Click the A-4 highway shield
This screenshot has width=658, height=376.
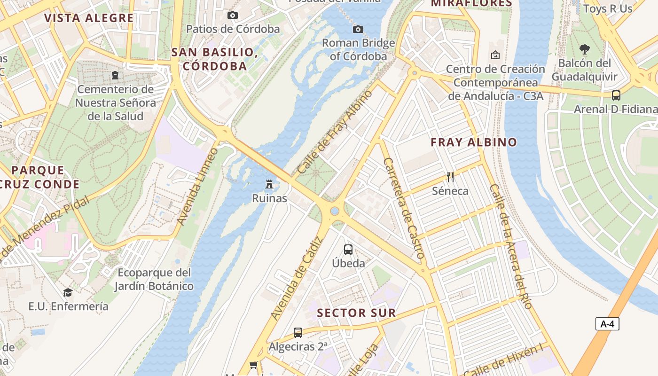[607, 324]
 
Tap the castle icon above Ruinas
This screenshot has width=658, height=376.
[269, 184]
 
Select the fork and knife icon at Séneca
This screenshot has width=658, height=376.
[450, 177]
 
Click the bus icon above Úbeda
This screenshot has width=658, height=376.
[348, 250]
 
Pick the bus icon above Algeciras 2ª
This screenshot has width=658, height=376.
[298, 333]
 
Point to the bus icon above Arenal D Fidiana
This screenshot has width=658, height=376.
[616, 95]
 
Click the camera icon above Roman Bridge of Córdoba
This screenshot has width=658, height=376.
[358, 30]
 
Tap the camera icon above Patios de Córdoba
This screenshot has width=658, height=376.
[232, 16]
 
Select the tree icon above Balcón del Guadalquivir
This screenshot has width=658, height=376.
[584, 49]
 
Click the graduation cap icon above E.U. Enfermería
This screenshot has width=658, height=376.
[68, 293]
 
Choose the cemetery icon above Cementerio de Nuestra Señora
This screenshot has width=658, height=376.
[115, 75]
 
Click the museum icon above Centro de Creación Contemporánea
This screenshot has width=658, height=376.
[495, 55]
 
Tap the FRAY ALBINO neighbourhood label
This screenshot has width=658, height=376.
[474, 142]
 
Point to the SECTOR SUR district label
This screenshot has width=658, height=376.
[356, 313]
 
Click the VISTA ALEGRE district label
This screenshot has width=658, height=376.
[89, 18]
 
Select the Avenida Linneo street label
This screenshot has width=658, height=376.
[198, 186]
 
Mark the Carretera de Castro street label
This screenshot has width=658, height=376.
[404, 208]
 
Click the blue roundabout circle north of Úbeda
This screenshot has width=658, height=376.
[335, 211]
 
